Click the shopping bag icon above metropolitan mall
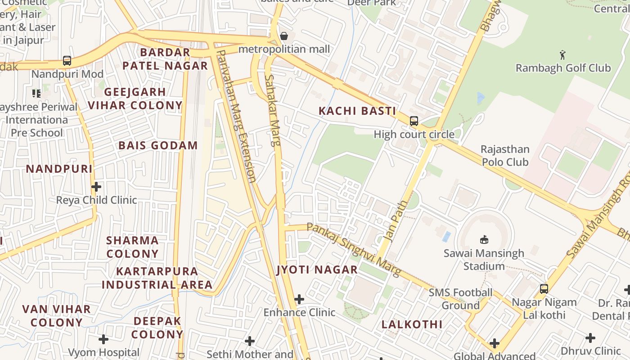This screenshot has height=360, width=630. (284, 36)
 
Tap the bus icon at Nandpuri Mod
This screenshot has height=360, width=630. (67, 60)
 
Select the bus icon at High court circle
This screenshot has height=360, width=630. (414, 121)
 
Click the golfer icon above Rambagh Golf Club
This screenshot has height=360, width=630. (562, 55)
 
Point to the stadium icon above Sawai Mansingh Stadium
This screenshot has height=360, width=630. (484, 239)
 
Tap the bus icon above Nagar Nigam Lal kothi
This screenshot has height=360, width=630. (544, 288)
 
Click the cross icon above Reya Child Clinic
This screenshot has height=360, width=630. (96, 186)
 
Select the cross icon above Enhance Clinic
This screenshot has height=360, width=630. (299, 299)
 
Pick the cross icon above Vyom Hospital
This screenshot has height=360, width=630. (103, 339)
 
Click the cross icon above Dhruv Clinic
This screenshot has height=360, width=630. (590, 337)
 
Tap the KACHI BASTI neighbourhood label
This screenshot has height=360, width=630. (357, 111)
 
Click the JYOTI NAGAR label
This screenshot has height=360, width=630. (317, 270)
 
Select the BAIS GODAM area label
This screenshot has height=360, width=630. (158, 145)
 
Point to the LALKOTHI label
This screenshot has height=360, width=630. (412, 324)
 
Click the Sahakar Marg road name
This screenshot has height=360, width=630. (273, 111)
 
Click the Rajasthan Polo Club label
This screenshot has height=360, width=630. (505, 155)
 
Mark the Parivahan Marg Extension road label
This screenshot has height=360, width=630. (236, 116)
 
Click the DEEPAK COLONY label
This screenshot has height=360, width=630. (157, 328)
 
